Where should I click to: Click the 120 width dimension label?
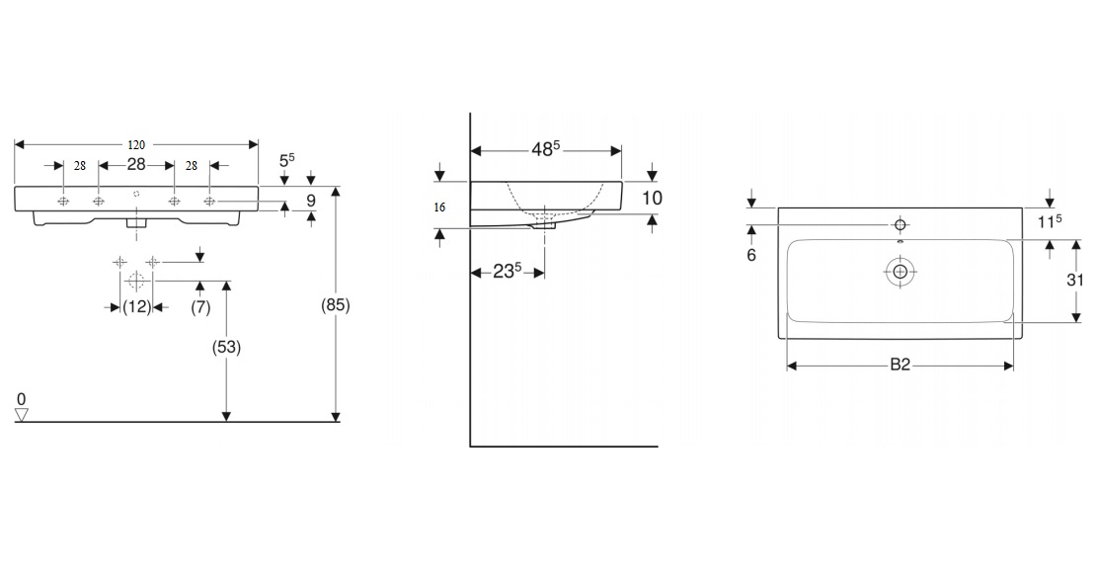tap(135, 145)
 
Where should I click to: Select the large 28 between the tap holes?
tap(135, 164)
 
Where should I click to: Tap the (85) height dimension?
tap(336, 305)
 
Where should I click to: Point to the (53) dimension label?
tap(226, 347)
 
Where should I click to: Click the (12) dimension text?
tap(136, 306)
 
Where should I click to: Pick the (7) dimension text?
tap(200, 306)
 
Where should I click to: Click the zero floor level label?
tap(21, 399)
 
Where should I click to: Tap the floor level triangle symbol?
tap(22, 416)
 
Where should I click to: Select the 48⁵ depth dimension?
tap(546, 149)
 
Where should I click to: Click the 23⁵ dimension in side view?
tap(508, 271)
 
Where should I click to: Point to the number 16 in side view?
tap(439, 207)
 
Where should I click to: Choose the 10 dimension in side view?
tap(652, 198)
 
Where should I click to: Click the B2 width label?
tap(900, 365)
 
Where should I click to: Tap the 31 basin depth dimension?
tap(1075, 280)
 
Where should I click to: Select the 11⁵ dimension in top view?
tap(1049, 221)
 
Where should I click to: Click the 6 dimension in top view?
tap(751, 256)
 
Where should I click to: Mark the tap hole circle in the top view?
tap(900, 224)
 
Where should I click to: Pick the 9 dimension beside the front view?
tap(311, 201)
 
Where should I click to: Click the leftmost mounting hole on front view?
tap(63, 202)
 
